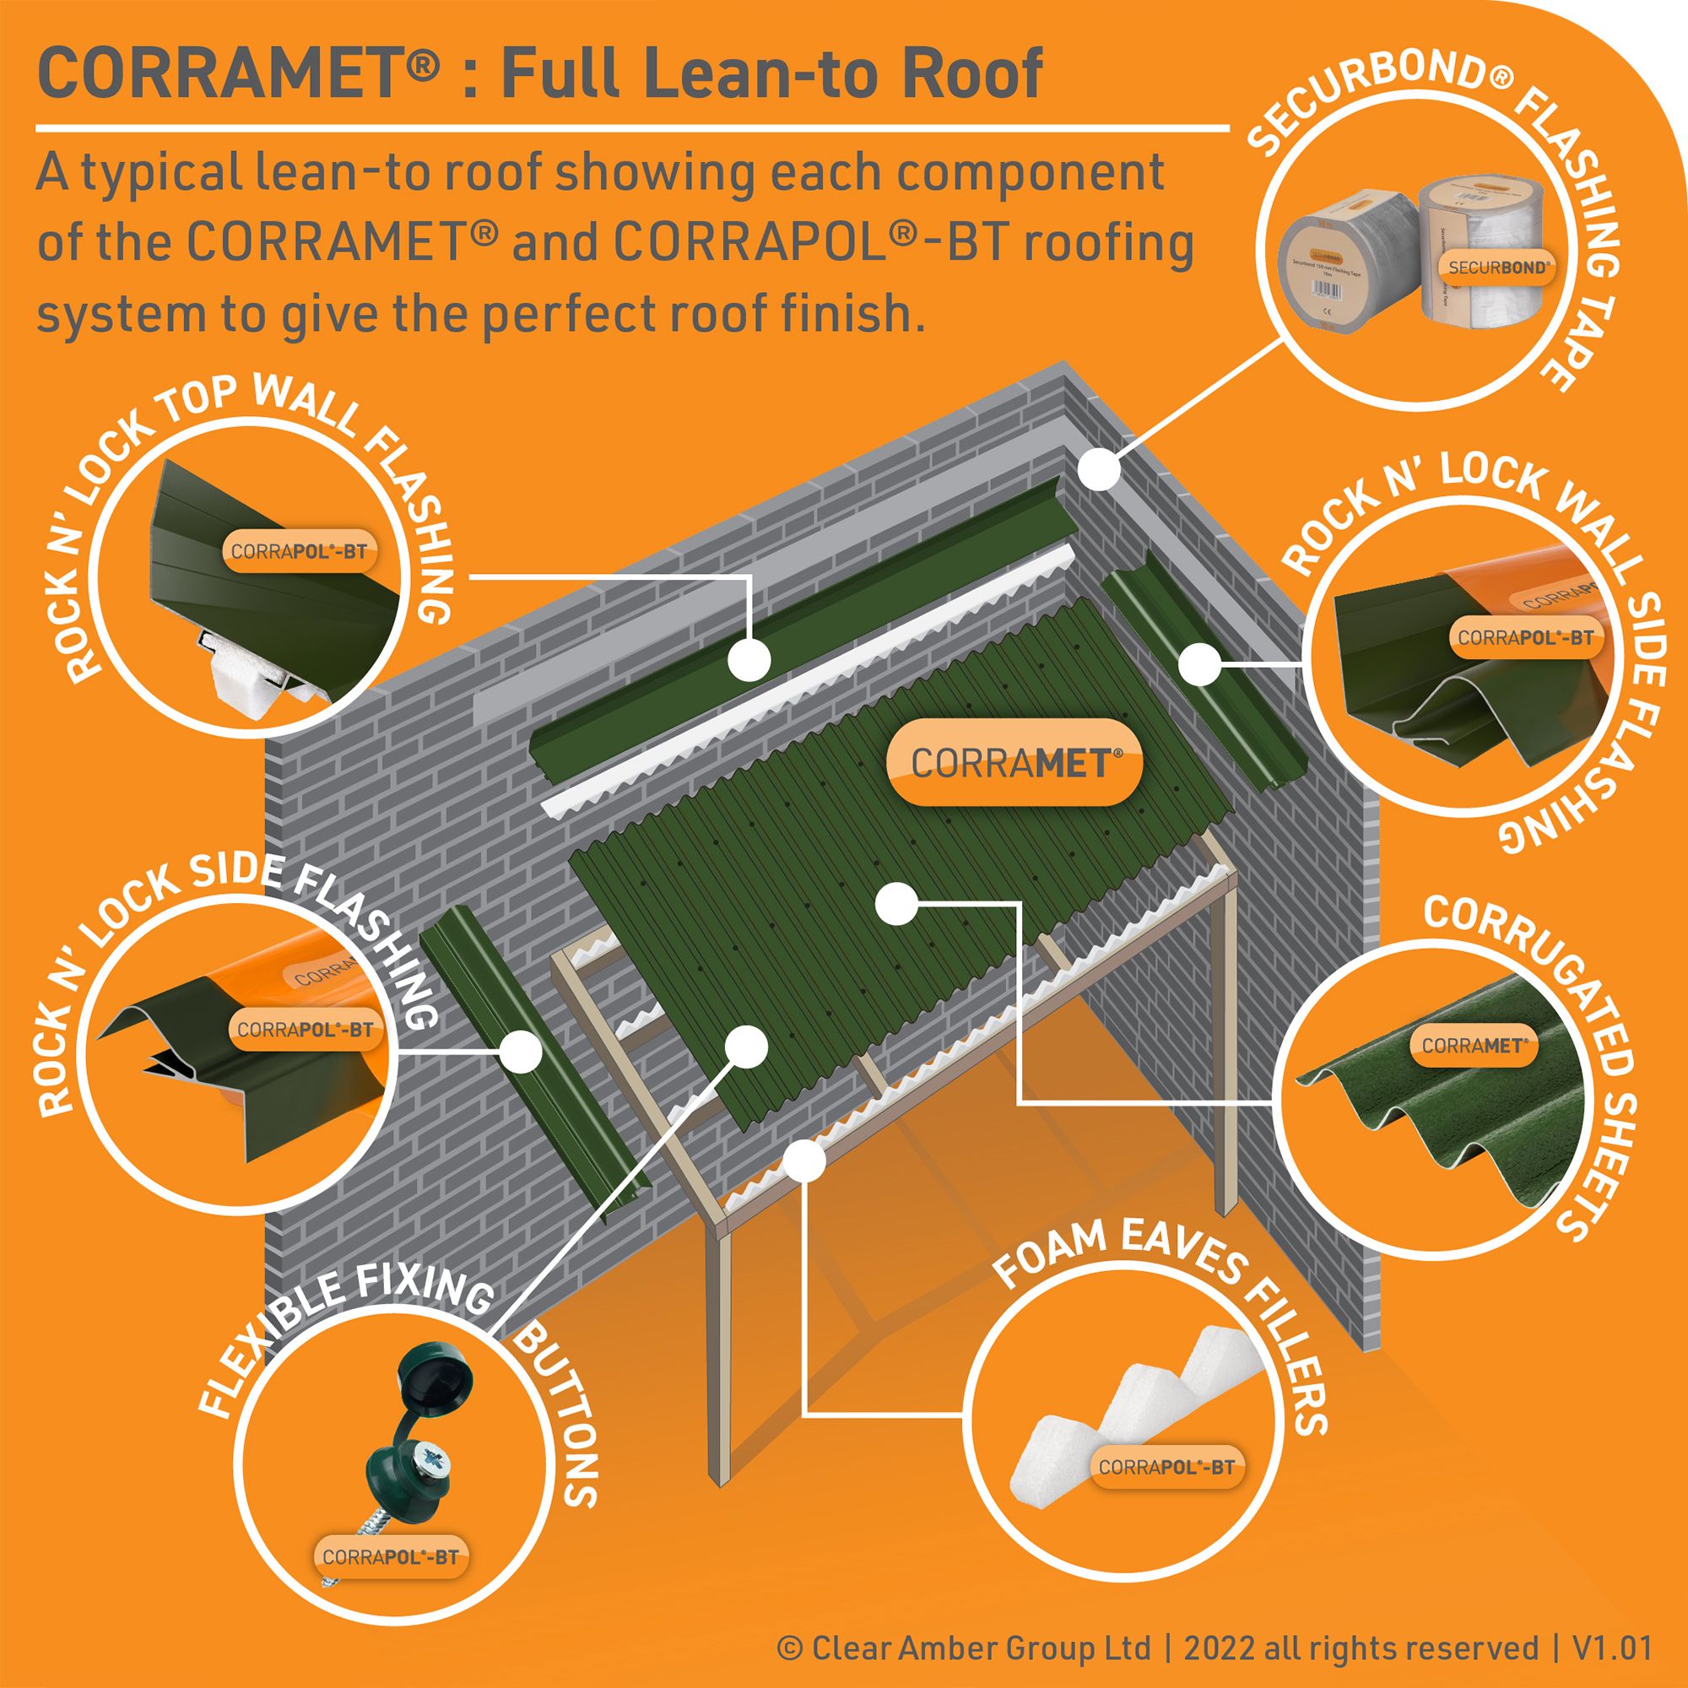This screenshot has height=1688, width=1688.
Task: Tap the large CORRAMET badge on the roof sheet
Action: [1014, 763]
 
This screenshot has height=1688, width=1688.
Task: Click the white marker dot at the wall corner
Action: [1098, 469]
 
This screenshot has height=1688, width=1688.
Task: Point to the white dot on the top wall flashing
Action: [749, 659]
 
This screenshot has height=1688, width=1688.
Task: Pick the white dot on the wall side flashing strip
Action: [1198, 664]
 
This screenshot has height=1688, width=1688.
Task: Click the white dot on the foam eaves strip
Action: [804, 1161]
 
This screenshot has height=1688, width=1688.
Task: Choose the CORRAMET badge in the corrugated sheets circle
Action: [1474, 1046]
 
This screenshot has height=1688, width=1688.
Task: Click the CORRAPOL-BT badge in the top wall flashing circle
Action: [298, 552]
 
